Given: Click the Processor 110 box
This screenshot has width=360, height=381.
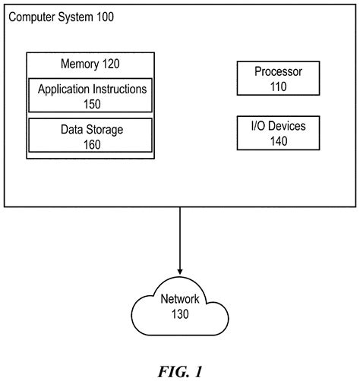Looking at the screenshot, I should [278, 79].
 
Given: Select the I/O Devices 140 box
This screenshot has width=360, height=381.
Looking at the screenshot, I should [278, 133].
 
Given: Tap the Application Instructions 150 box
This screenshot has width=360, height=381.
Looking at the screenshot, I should [92, 96].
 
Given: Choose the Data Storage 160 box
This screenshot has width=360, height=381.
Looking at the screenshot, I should [92, 137].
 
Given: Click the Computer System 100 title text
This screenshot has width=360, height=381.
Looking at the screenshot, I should [60, 16].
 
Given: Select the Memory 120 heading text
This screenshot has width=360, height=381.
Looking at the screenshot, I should [90, 65].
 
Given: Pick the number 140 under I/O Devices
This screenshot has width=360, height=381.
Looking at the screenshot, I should [278, 140].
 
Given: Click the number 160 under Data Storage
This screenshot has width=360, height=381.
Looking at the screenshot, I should [92, 144].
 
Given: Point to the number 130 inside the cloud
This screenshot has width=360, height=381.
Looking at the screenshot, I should [180, 313].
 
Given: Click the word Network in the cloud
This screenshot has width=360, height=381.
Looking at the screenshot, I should [180, 299].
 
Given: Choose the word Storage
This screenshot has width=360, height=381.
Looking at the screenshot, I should [105, 130].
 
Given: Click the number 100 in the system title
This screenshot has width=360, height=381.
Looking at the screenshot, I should [104, 16].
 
